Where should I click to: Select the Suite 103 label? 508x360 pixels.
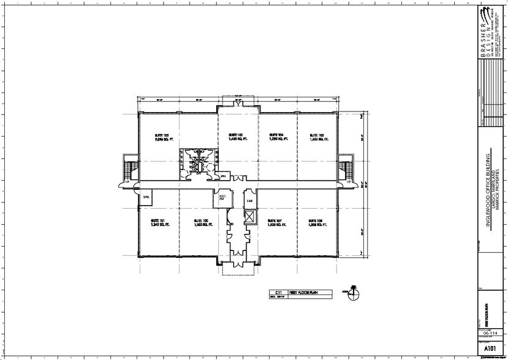point(237,137)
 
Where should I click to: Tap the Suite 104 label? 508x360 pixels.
point(277,137)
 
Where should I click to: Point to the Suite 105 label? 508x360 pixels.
point(317,137)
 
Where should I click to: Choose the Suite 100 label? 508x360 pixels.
point(202,222)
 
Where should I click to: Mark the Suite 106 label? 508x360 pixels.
point(316,222)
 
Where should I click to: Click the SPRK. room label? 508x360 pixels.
point(146,197)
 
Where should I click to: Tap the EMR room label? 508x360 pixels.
point(249,201)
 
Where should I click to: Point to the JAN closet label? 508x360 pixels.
point(223,176)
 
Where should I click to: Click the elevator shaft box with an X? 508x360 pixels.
point(249,218)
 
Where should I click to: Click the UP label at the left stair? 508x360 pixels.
point(127,182)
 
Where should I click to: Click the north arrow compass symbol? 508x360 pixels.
point(354,294)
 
